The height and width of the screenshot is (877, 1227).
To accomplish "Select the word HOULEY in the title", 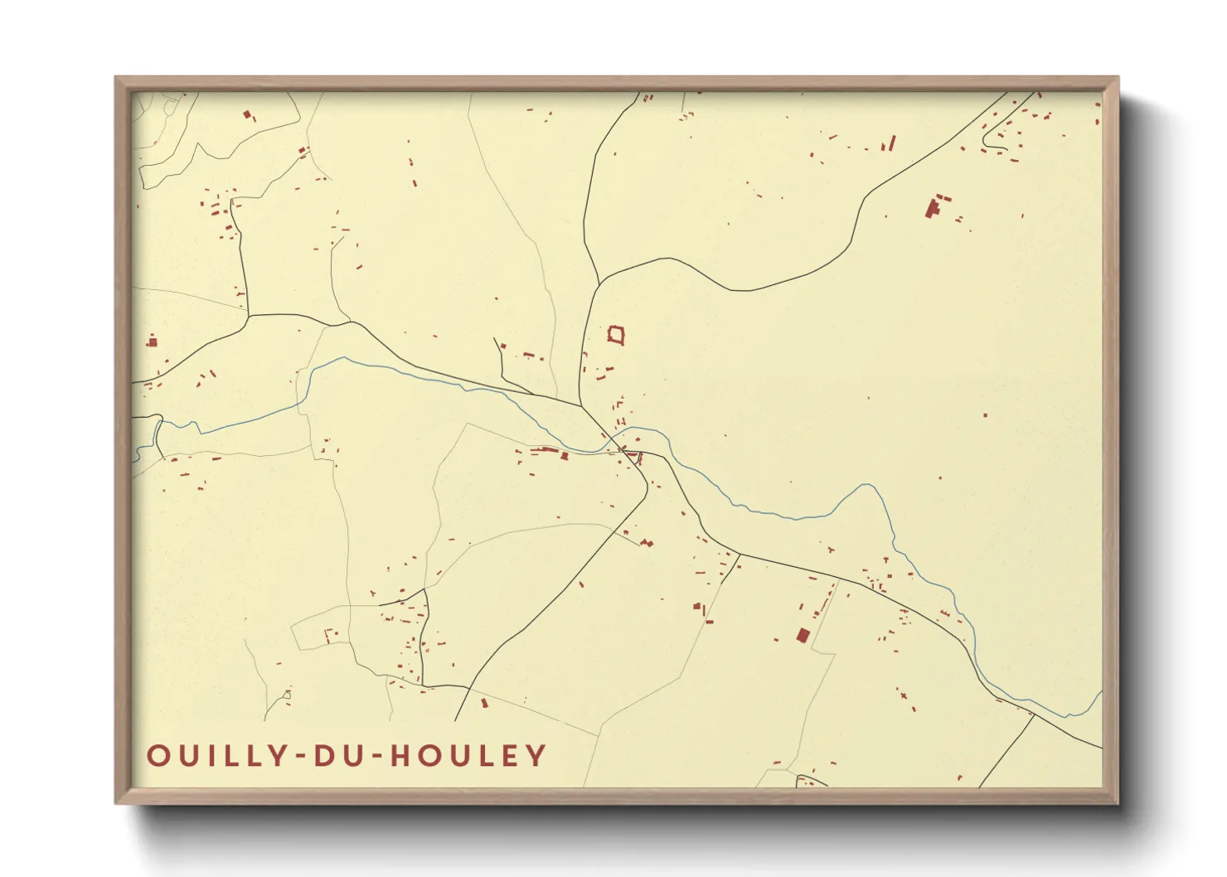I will point(468,756).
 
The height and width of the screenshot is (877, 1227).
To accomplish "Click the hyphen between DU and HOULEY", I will point(376,757).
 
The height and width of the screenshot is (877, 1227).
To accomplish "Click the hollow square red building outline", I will point(616,335).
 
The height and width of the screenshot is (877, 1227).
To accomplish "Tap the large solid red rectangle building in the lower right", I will point(803,635).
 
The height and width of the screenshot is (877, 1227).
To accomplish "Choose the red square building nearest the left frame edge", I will point(153,341).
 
